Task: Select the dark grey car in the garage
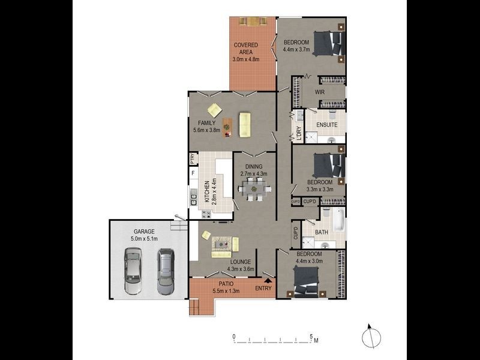[x=165, y=271]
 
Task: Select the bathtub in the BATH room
[x=335, y=221]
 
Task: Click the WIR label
[x=320, y=92]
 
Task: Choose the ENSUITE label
[x=328, y=125]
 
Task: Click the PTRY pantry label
[x=192, y=159]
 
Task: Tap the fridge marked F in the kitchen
[x=193, y=175]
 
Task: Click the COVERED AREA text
[x=245, y=49]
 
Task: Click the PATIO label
[x=226, y=284]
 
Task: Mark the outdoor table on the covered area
[x=252, y=22]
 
